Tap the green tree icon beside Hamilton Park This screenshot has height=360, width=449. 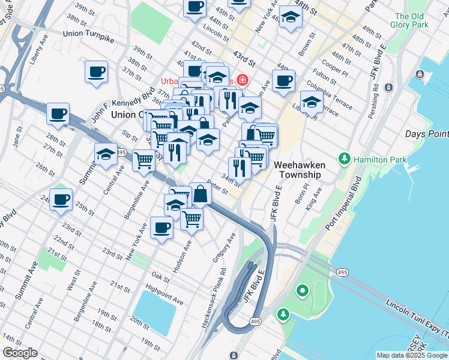(x=345, y=159)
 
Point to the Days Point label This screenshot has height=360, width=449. (x=426, y=134)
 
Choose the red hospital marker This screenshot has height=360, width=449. (x=243, y=80)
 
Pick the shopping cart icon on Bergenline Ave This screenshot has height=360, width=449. (x=143, y=160)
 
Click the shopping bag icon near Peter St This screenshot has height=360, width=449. (x=200, y=193)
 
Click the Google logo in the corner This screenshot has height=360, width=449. (x=20, y=353)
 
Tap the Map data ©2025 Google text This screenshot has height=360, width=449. (x=412, y=355)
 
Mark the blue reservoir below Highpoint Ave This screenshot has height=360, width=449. (x=155, y=313)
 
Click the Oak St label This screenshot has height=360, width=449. (x=161, y=277)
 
